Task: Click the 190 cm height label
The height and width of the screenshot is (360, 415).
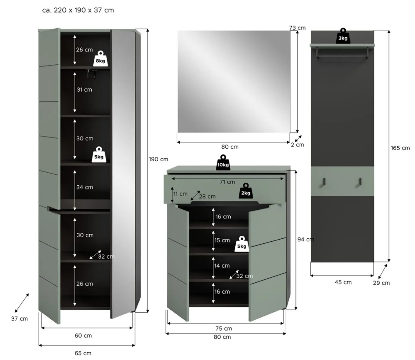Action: pyautogui.click(x=158, y=159)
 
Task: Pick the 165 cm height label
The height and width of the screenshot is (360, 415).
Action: pyautogui.click(x=400, y=148)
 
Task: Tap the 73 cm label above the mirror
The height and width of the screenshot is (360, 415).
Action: pyautogui.click(x=297, y=28)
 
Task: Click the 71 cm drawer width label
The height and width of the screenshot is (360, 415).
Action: pyautogui.click(x=227, y=182)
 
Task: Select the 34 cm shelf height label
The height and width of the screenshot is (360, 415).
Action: pyautogui.click(x=84, y=187)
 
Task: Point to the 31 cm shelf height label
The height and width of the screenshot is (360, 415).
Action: pyautogui.click(x=84, y=90)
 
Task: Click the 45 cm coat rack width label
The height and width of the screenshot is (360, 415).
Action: pyautogui.click(x=343, y=282)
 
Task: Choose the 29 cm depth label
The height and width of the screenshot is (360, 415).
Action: pyautogui.click(x=381, y=283)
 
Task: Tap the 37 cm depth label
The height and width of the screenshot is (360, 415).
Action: pyautogui.click(x=20, y=318)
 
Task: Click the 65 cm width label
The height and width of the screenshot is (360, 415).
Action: pyautogui.click(x=83, y=353)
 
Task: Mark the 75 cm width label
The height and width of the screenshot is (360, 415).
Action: pyautogui.click(x=224, y=328)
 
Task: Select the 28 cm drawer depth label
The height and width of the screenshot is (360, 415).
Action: pyautogui.click(x=207, y=196)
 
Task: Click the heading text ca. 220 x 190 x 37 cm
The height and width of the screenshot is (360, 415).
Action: pyautogui.click(x=78, y=10)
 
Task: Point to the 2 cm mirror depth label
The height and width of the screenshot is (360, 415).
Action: pyautogui.click(x=297, y=145)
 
